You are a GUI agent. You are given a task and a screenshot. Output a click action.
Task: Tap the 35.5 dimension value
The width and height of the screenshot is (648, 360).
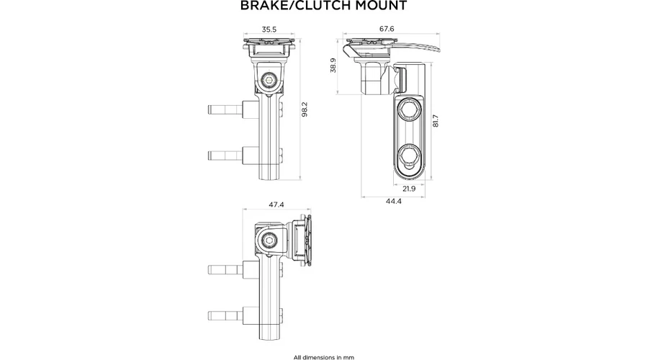[x=269, y=30]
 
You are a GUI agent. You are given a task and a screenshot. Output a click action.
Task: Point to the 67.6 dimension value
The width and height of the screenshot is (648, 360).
[x=387, y=29]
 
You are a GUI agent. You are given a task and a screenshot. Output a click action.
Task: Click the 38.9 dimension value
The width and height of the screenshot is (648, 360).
[x=333, y=66]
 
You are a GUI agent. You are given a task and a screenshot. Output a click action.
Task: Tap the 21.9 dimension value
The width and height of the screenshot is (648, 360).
[x=409, y=189]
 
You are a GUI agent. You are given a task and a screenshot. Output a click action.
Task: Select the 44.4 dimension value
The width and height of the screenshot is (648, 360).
[x=393, y=202]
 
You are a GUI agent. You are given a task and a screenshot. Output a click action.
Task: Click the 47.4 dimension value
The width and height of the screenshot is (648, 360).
[x=276, y=205]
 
